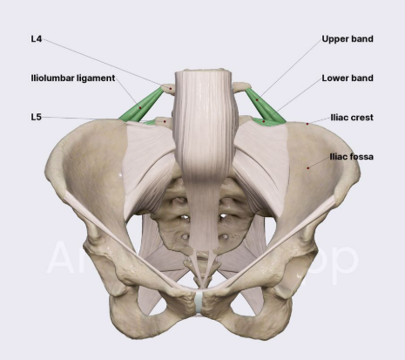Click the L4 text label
(37, 39)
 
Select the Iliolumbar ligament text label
(73, 78)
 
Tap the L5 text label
(37, 117)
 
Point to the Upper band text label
(348, 39)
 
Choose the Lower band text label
(348, 78)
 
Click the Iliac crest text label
(352, 118)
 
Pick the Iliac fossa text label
(352, 157)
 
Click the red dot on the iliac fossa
(308, 167)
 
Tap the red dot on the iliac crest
(307, 124)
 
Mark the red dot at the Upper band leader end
(257, 100)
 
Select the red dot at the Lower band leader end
(264, 121)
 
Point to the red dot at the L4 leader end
(171, 89)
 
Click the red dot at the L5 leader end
(165, 121)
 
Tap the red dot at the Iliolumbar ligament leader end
(140, 108)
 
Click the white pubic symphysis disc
(199, 302)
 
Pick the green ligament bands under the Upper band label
(266, 107)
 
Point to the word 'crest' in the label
(362, 118)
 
